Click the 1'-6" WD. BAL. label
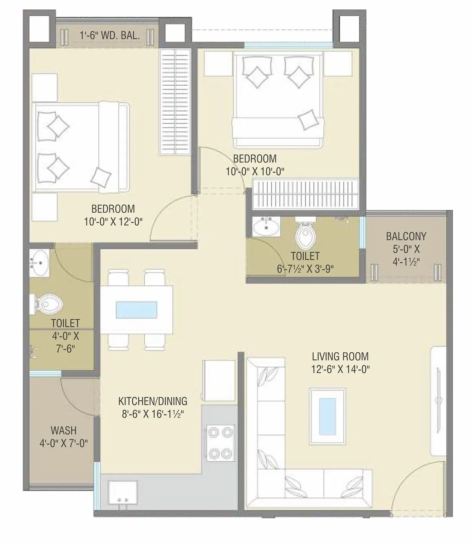pyautogui.click(x=109, y=35)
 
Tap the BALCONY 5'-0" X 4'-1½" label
pyautogui.click(x=406, y=249)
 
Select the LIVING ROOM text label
pyautogui.click(x=340, y=357)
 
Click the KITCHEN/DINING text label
pyautogui.click(x=153, y=401)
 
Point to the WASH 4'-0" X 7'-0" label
pyautogui.click(x=63, y=436)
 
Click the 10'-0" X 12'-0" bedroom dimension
pyautogui.click(x=113, y=222)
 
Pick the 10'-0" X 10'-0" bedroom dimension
pyautogui.click(x=254, y=171)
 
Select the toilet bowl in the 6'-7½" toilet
pyautogui.click(x=304, y=234)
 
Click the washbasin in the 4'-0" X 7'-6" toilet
pyautogui.click(x=40, y=263)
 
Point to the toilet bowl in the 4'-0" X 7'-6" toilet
pyautogui.click(x=48, y=304)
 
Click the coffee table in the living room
pyautogui.click(x=328, y=416)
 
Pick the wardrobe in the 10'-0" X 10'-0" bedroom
pyautogui.click(x=306, y=194)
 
